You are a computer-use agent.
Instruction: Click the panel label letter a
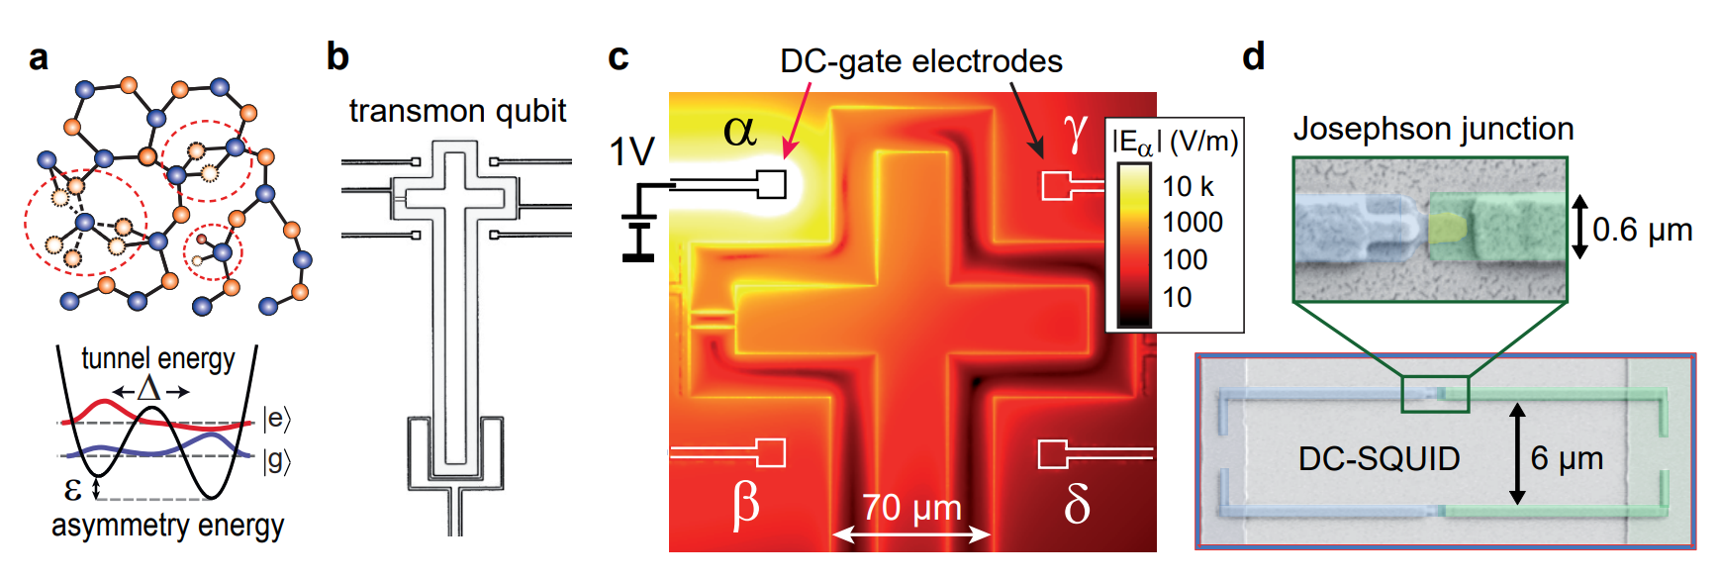(39, 57)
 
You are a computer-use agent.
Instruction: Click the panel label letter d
(1253, 56)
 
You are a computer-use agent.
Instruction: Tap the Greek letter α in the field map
(739, 130)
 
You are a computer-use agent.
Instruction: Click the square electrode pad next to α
(772, 184)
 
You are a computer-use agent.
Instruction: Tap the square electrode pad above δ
(1052, 454)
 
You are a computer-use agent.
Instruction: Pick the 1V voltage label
(631, 152)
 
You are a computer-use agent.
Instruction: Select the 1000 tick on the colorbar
(1193, 223)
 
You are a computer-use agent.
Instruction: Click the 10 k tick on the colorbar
(1187, 186)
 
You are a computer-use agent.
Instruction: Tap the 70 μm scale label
(911, 508)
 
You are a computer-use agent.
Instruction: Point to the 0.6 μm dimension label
(1642, 230)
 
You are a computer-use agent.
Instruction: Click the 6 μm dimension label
(1567, 458)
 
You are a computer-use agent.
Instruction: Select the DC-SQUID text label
(1379, 458)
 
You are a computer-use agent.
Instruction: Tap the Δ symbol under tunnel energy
(149, 388)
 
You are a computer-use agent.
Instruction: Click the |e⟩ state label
(277, 419)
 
